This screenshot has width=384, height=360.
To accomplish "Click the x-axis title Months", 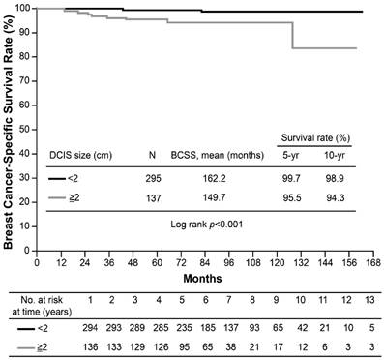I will (x=203, y=278).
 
